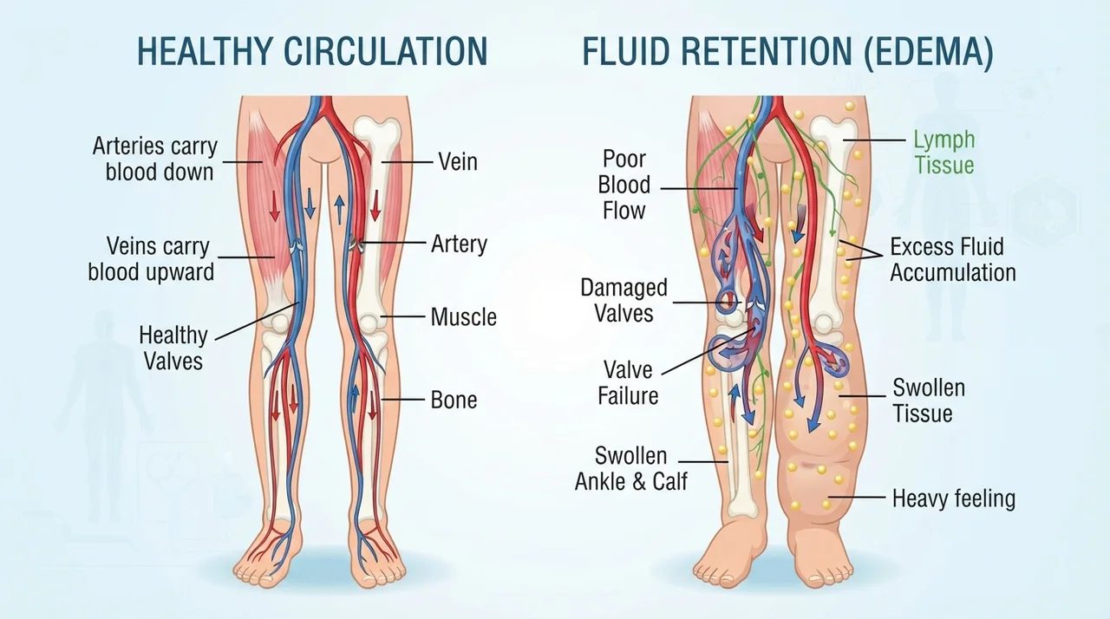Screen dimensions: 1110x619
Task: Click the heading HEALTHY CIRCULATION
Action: [x=312, y=51]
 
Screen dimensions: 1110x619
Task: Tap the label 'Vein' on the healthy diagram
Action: [x=458, y=162]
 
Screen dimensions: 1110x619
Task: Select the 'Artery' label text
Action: [x=459, y=244]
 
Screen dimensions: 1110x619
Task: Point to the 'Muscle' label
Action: [x=463, y=317]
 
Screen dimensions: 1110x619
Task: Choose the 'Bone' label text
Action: [x=454, y=400]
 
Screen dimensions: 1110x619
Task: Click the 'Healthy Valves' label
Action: [x=173, y=349]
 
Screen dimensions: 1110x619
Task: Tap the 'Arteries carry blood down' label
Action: [x=155, y=159]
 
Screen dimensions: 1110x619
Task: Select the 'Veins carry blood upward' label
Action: [x=151, y=259]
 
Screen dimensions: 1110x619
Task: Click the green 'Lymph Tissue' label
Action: [x=944, y=152]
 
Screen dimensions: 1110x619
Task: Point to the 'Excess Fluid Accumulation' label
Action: [x=953, y=259]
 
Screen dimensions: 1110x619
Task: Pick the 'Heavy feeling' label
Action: [x=954, y=498]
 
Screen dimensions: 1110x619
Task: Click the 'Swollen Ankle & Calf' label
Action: [x=631, y=468]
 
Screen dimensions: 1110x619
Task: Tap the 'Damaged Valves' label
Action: [x=624, y=301]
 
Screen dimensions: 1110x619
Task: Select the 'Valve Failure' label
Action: [x=628, y=383]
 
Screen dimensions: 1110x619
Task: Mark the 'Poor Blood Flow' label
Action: [x=624, y=185]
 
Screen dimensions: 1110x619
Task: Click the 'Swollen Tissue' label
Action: [x=929, y=401]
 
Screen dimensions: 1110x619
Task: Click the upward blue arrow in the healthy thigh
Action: [x=339, y=210]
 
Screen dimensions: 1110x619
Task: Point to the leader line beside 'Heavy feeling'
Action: [x=856, y=497]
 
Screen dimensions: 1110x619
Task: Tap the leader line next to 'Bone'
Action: [x=403, y=399]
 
